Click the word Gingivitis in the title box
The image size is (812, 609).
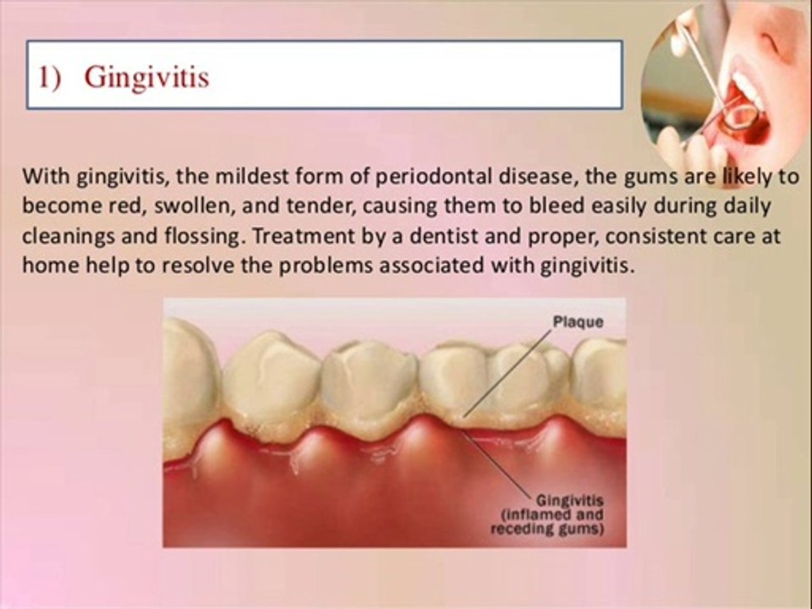point(147,78)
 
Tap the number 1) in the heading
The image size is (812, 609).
point(50,77)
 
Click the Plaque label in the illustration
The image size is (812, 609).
point(578,322)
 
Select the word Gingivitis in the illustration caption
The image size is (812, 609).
point(569,502)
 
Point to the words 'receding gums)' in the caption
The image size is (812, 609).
point(547,529)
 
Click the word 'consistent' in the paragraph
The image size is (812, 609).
point(655,236)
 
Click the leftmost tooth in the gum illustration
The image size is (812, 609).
point(190,372)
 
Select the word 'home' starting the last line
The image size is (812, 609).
point(51,266)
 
